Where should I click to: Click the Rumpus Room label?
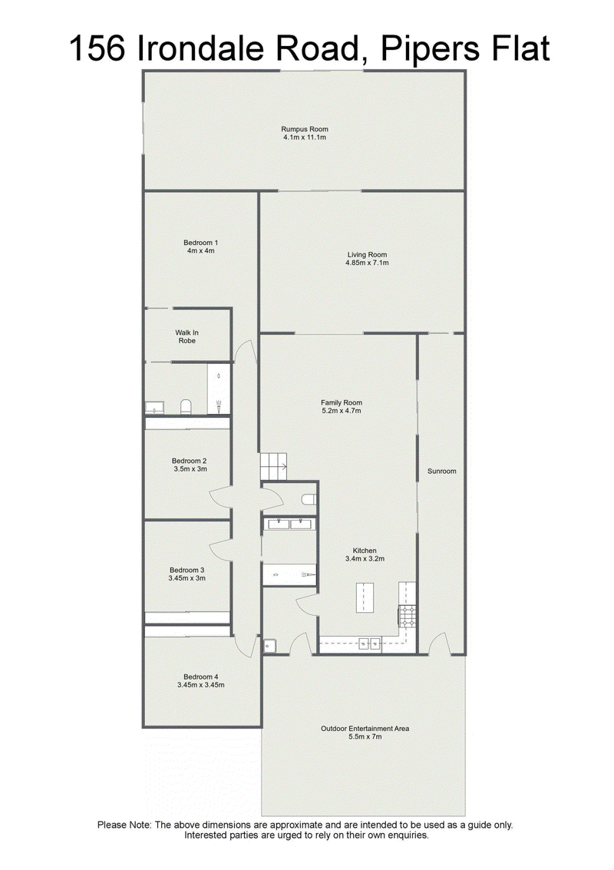click(305, 129)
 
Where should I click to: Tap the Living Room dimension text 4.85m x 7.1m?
click(367, 263)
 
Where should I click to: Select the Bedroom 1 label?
click(201, 243)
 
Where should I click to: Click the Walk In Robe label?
click(187, 337)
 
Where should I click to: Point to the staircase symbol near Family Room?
click(274, 467)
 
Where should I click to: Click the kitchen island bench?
click(365, 597)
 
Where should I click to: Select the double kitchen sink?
click(370, 643)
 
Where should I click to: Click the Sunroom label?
click(442, 471)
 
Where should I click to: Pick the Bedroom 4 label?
click(201, 677)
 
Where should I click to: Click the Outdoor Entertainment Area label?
click(365, 729)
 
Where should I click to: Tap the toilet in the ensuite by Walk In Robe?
click(186, 407)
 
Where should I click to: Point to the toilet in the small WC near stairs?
click(309, 500)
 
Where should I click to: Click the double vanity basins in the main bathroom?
click(289, 524)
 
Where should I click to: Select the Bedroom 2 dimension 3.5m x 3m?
click(190, 469)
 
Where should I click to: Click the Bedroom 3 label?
click(187, 570)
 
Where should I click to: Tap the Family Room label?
click(342, 403)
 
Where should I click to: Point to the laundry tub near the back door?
click(269, 646)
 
